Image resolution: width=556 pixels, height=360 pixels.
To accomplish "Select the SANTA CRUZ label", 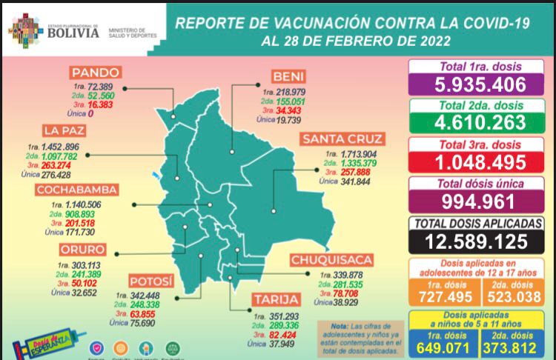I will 342,139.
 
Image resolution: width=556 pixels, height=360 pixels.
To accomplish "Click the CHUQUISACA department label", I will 326,260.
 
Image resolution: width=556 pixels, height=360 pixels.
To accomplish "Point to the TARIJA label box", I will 276,300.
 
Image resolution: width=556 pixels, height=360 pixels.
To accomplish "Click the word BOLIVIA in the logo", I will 73,33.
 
